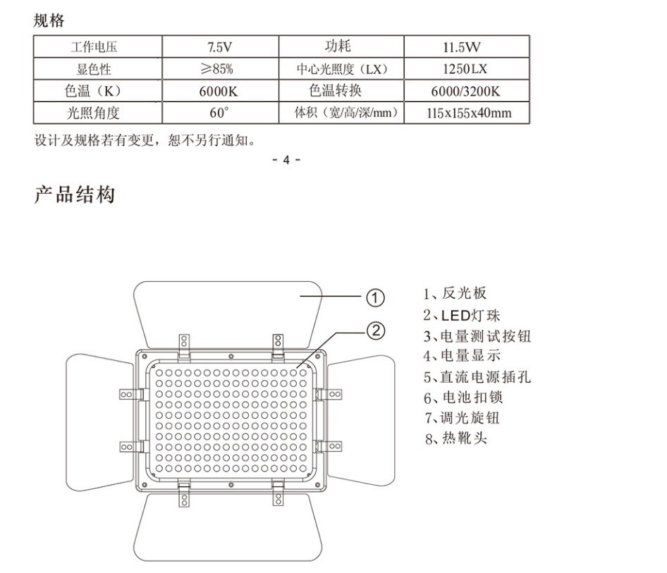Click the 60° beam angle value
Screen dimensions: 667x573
[x=220, y=113]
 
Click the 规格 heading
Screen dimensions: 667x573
[x=49, y=20]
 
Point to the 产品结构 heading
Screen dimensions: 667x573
[x=74, y=195]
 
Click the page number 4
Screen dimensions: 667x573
[x=286, y=159]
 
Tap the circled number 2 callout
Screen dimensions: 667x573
[x=377, y=329]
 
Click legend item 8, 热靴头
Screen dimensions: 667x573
[x=455, y=438]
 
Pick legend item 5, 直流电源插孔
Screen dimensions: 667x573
[x=477, y=377]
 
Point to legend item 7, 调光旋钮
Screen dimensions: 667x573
[x=462, y=418]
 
